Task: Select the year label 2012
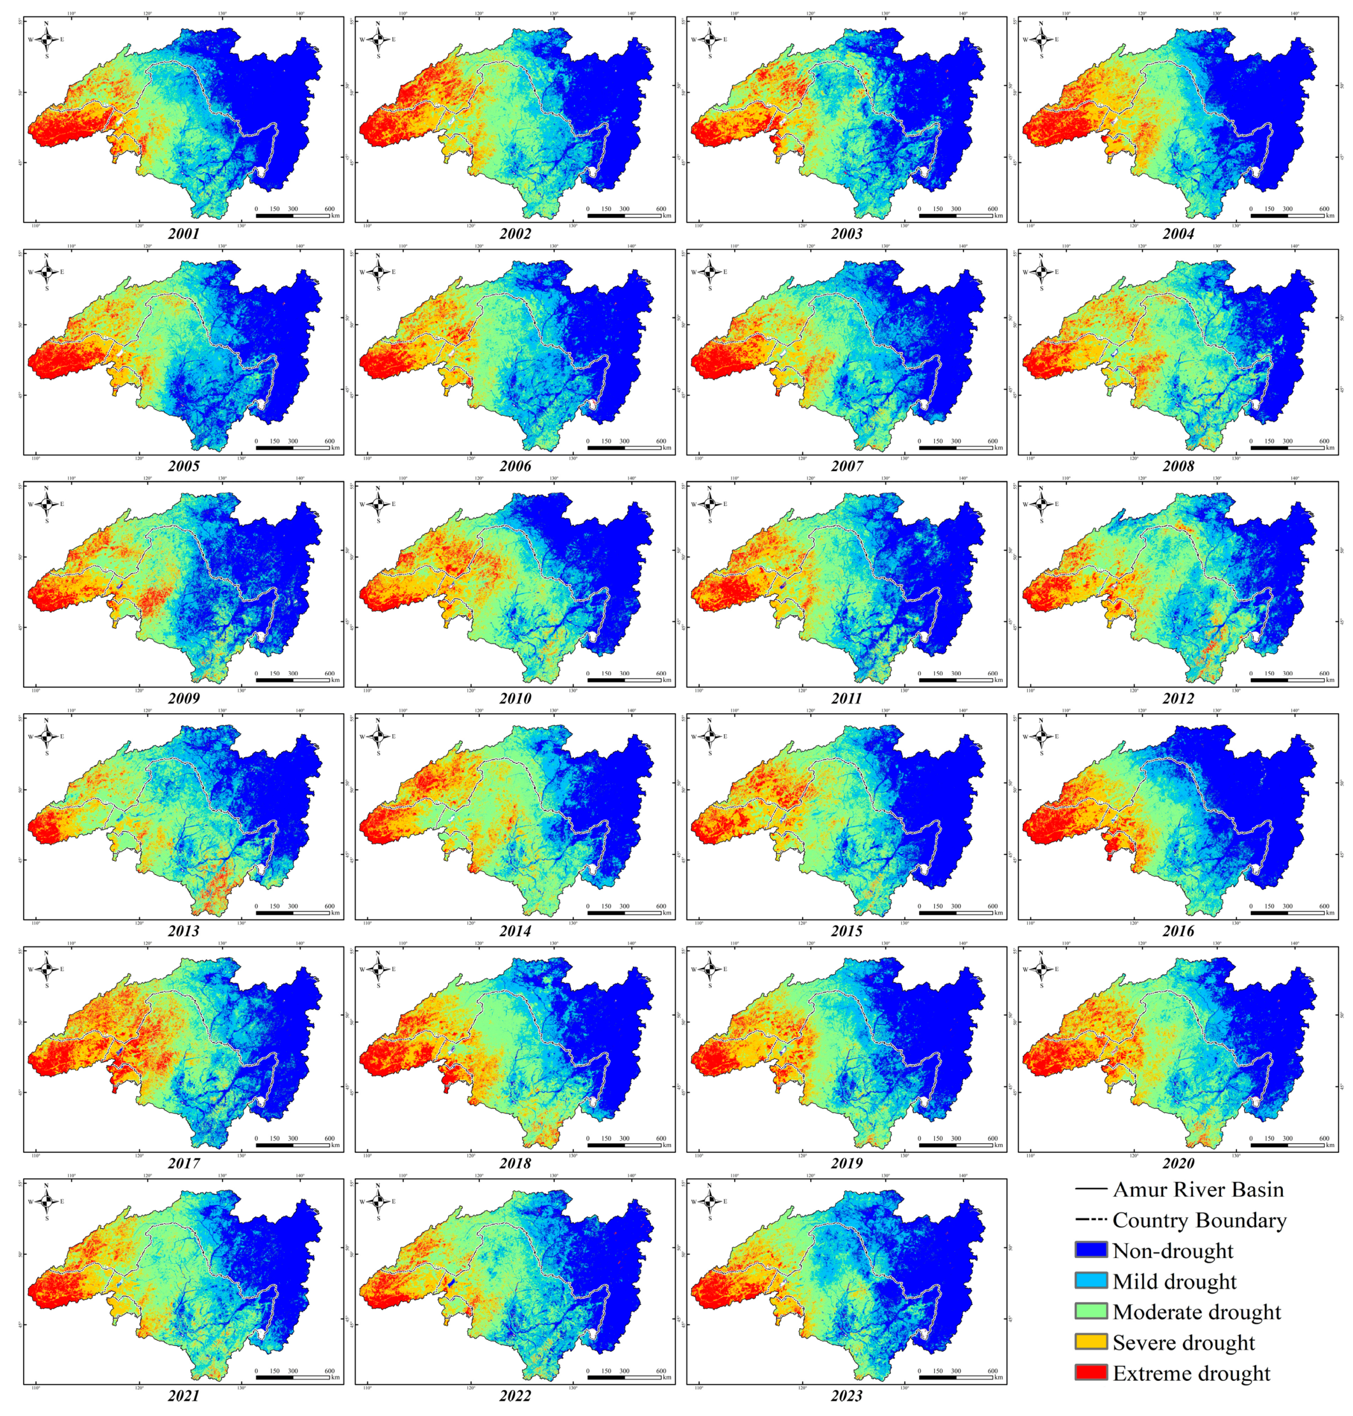[x=1178, y=698]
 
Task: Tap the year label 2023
[x=846, y=1395]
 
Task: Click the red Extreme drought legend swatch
[x=1090, y=1372]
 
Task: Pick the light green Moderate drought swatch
[x=1090, y=1311]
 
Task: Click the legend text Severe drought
[x=1183, y=1342]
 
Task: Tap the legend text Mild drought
[x=1174, y=1281]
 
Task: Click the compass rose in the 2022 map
[x=378, y=1201]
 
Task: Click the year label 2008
[x=1178, y=466]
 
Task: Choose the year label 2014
[x=515, y=931]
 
